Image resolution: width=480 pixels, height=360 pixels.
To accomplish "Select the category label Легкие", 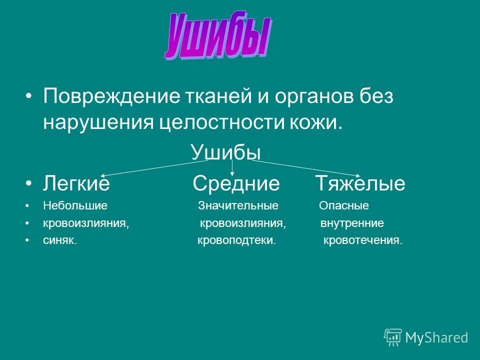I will tap(76, 184).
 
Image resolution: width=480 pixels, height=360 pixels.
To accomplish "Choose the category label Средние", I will tap(236, 184).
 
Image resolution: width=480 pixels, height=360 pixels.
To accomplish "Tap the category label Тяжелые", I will tap(360, 184).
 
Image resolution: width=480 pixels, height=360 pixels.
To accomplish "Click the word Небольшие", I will tap(75, 205).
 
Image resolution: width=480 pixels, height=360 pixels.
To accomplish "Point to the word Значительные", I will tap(238, 205).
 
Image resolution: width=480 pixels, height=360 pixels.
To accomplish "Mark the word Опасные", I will tap(344, 205).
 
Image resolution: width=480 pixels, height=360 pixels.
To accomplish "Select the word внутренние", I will tap(352, 223).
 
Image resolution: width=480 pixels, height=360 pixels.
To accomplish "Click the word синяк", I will tap(60, 240).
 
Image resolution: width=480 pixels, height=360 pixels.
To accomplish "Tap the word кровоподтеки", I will tap(236, 240).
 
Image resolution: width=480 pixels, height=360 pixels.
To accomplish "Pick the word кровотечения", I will tap(362, 240).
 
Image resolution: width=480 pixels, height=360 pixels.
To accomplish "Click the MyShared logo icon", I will tap(393, 337).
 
